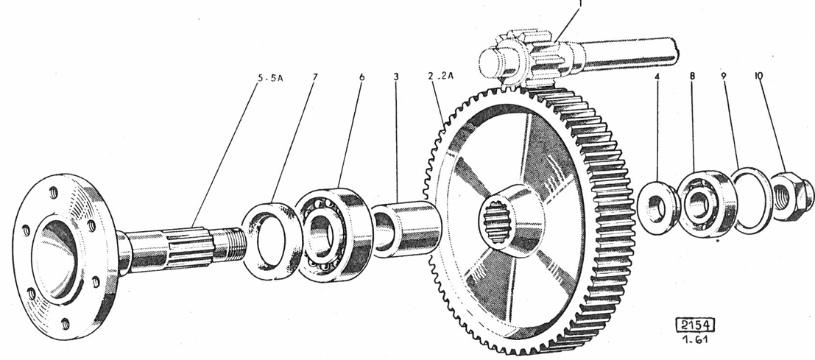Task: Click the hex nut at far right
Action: tap(791, 195)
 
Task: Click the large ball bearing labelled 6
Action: tap(333, 233)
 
